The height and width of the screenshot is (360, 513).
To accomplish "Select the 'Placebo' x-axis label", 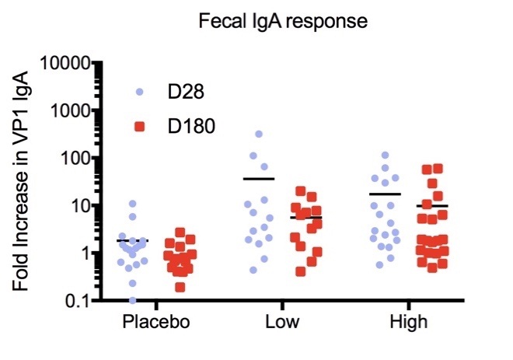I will [x=156, y=323].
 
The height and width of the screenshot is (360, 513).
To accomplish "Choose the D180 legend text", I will [x=193, y=125].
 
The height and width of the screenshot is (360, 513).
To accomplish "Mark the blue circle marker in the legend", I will [x=140, y=92].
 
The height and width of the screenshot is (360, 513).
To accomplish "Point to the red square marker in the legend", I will [x=140, y=125].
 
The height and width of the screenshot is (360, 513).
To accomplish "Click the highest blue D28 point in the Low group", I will [x=259, y=135].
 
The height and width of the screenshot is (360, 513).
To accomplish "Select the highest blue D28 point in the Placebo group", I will [x=133, y=204].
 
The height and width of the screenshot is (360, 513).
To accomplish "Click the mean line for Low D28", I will [x=259, y=179].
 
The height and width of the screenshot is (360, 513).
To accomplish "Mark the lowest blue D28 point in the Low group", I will [x=253, y=270].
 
